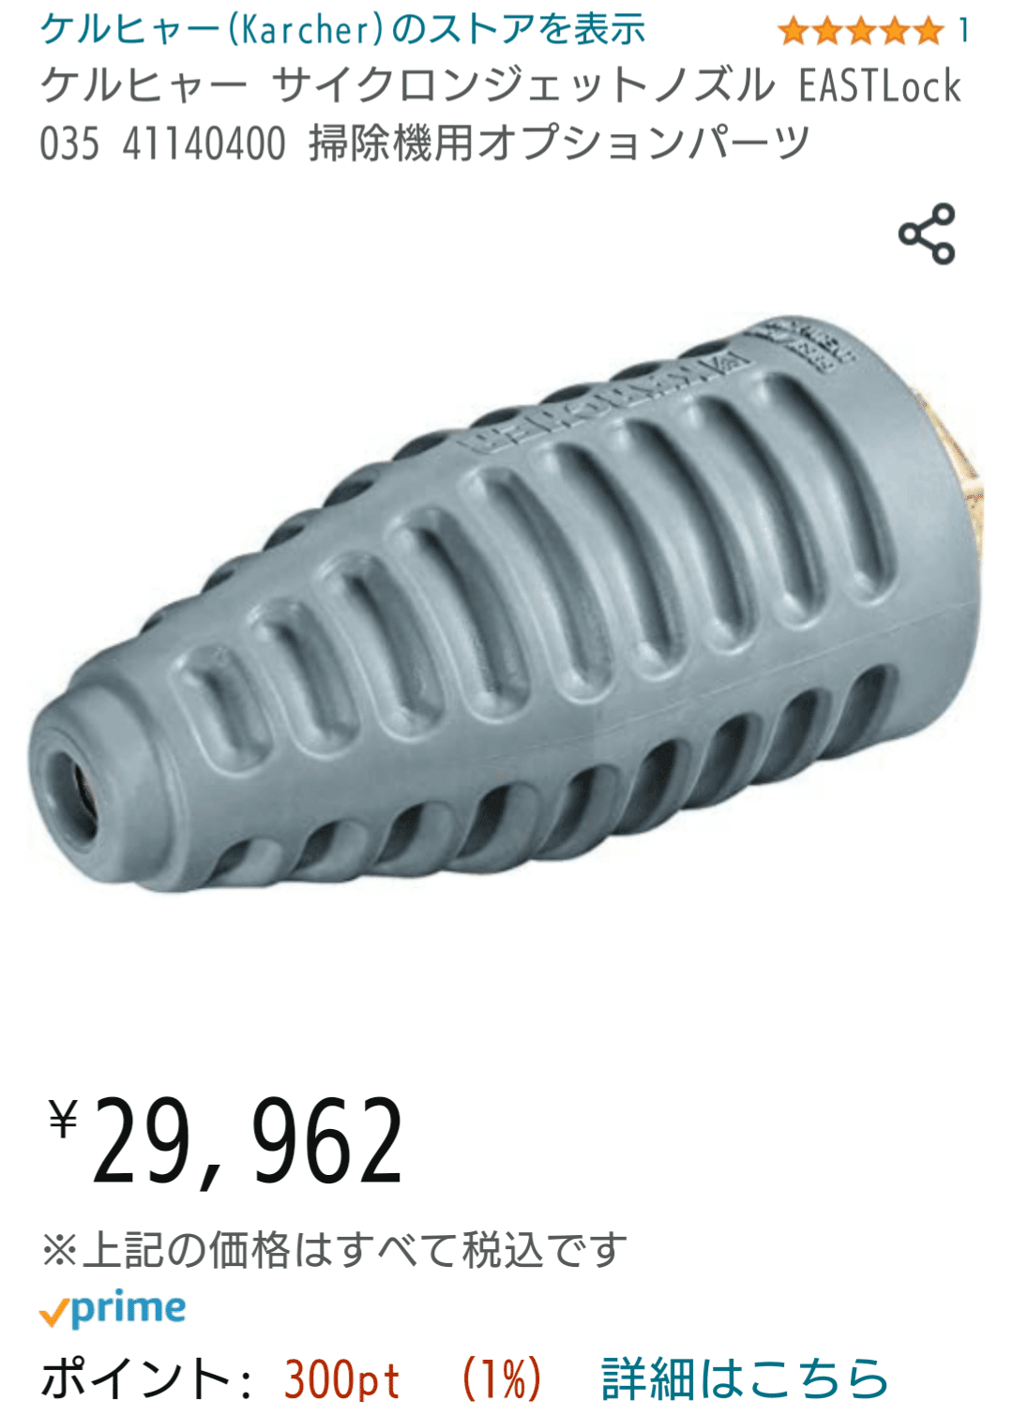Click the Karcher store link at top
342,30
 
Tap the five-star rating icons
860,31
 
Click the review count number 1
963,31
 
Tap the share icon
927,233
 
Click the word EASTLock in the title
880,86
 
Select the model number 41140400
204,144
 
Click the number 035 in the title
69,144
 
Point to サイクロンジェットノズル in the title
523,86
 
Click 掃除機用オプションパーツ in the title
559,144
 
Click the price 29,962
249,1141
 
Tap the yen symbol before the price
63,1118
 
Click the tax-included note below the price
334,1250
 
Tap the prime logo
113,1309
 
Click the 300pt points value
341,1378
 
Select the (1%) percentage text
502,1378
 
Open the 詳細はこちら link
744,1378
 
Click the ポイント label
136,1378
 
